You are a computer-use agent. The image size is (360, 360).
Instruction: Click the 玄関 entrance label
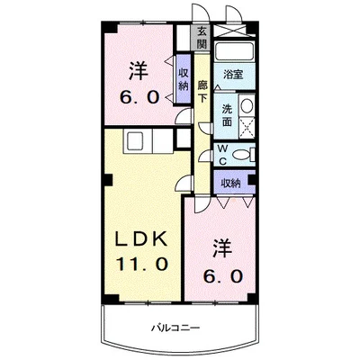[203, 38]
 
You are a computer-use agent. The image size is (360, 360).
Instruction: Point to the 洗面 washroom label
[229, 115]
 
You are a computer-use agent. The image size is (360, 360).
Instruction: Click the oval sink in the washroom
[247, 106]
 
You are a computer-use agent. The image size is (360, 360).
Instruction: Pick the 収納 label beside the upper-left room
[184, 79]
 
